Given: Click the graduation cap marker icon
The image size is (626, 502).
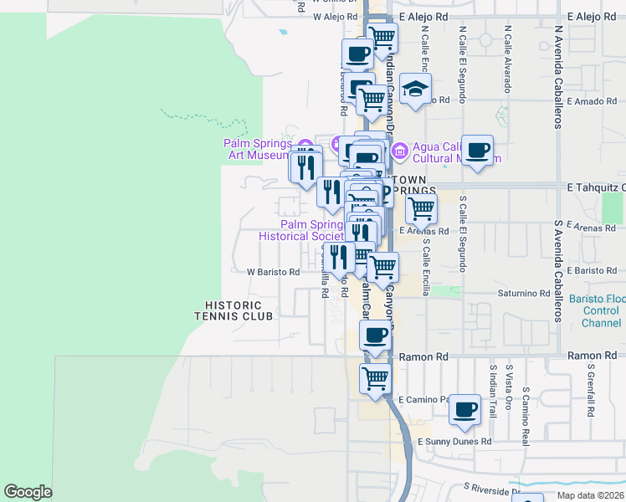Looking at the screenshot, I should pos(415,89).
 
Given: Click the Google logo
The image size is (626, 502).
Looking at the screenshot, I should pos(28,492).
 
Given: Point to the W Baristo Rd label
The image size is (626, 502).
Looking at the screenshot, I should pos(273,272).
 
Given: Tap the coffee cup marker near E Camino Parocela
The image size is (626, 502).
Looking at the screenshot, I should pos(465,410).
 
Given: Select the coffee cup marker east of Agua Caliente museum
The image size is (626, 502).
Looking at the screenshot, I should pos(477,151).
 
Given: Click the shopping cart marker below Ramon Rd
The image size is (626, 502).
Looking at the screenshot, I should pos(376,377).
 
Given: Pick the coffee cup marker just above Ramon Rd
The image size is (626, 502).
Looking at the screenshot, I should pos(375,336).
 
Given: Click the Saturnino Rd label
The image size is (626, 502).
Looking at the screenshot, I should pos(522,294).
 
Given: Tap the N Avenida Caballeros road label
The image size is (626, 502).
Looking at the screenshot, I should pos(557,84).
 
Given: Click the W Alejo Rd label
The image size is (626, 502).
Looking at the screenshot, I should pos(334,16).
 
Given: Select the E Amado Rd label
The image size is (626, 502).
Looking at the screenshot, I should pos(591,100).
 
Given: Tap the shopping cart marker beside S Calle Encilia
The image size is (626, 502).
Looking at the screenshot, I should pos(421,208).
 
